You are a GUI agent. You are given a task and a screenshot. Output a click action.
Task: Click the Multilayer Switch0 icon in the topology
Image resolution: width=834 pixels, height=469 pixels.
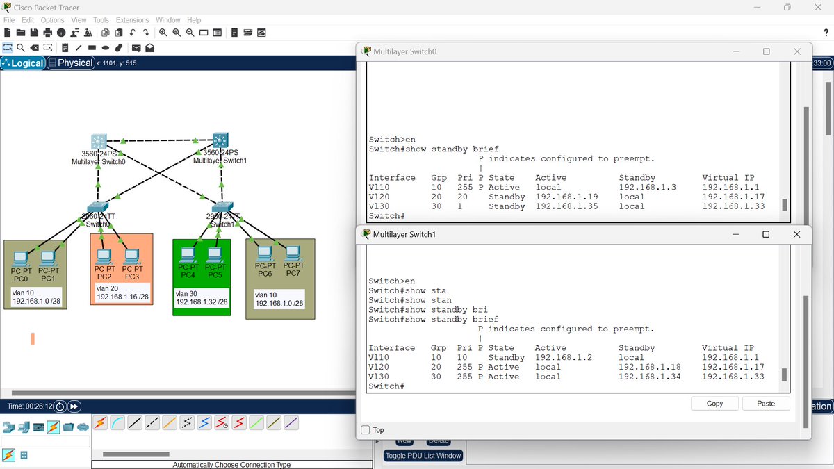pos(99,141)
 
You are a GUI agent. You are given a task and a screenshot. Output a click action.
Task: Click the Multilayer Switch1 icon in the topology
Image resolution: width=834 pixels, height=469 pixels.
pos(221,140)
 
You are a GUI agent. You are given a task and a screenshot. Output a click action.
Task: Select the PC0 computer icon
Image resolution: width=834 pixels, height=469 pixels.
pos(22,258)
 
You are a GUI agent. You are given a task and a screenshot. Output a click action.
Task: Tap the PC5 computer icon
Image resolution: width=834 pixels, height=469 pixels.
pos(215,255)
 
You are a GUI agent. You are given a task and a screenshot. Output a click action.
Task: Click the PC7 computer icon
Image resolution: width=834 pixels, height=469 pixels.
pos(293,252)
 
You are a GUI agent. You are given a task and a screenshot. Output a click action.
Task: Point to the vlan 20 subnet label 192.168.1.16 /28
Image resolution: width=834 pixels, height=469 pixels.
pos(122,297)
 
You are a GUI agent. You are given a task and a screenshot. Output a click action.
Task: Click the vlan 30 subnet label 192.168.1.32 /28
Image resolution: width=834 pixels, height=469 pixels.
pos(202,302)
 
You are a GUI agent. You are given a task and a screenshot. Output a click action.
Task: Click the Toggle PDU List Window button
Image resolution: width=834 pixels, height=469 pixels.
pos(424,456)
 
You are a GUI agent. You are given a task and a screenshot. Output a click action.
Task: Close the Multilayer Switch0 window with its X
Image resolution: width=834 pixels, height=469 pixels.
pos(797,51)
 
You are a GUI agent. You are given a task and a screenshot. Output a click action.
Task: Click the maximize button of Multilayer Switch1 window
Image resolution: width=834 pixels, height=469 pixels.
pos(766,235)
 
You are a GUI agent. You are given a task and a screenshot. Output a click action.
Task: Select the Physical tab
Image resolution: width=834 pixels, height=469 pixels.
pos(75,63)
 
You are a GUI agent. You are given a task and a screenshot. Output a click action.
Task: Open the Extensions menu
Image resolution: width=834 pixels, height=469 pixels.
pos(132,20)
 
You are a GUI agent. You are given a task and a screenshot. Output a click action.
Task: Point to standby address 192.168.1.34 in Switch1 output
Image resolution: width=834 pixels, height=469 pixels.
pos(649,377)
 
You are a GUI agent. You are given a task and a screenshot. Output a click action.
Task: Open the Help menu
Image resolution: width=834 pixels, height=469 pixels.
pos(194,20)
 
